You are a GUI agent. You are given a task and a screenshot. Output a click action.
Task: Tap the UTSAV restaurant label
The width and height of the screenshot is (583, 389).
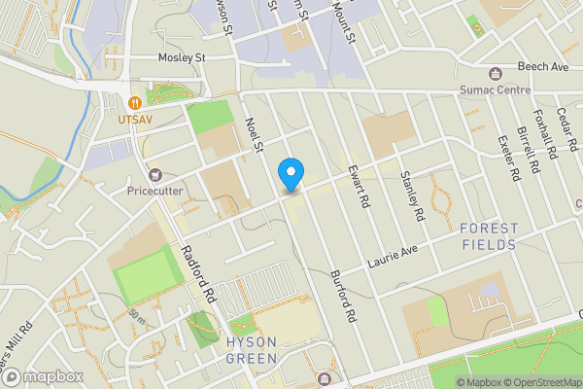pyautogui.click(x=137, y=120)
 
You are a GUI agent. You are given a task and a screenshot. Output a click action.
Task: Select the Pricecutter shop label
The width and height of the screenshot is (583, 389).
pyautogui.click(x=154, y=191)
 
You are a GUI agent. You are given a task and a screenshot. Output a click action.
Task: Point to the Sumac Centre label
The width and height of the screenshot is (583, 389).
pyautogui.click(x=496, y=90)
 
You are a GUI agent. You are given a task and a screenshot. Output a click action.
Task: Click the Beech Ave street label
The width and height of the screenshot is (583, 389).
pyautogui.click(x=543, y=66)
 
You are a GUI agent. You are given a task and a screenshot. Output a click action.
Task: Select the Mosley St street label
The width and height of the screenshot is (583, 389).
pyautogui.click(x=182, y=58)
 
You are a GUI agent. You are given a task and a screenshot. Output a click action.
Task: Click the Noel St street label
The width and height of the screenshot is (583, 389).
pyautogui.click(x=257, y=136)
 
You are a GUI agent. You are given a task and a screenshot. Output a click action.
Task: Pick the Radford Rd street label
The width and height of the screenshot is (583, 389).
pyautogui.click(x=200, y=265)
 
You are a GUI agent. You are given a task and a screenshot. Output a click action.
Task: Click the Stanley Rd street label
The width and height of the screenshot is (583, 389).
pyautogui.click(x=413, y=194)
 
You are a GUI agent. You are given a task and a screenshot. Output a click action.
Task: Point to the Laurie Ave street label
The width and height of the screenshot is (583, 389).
pyautogui.click(x=392, y=258)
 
